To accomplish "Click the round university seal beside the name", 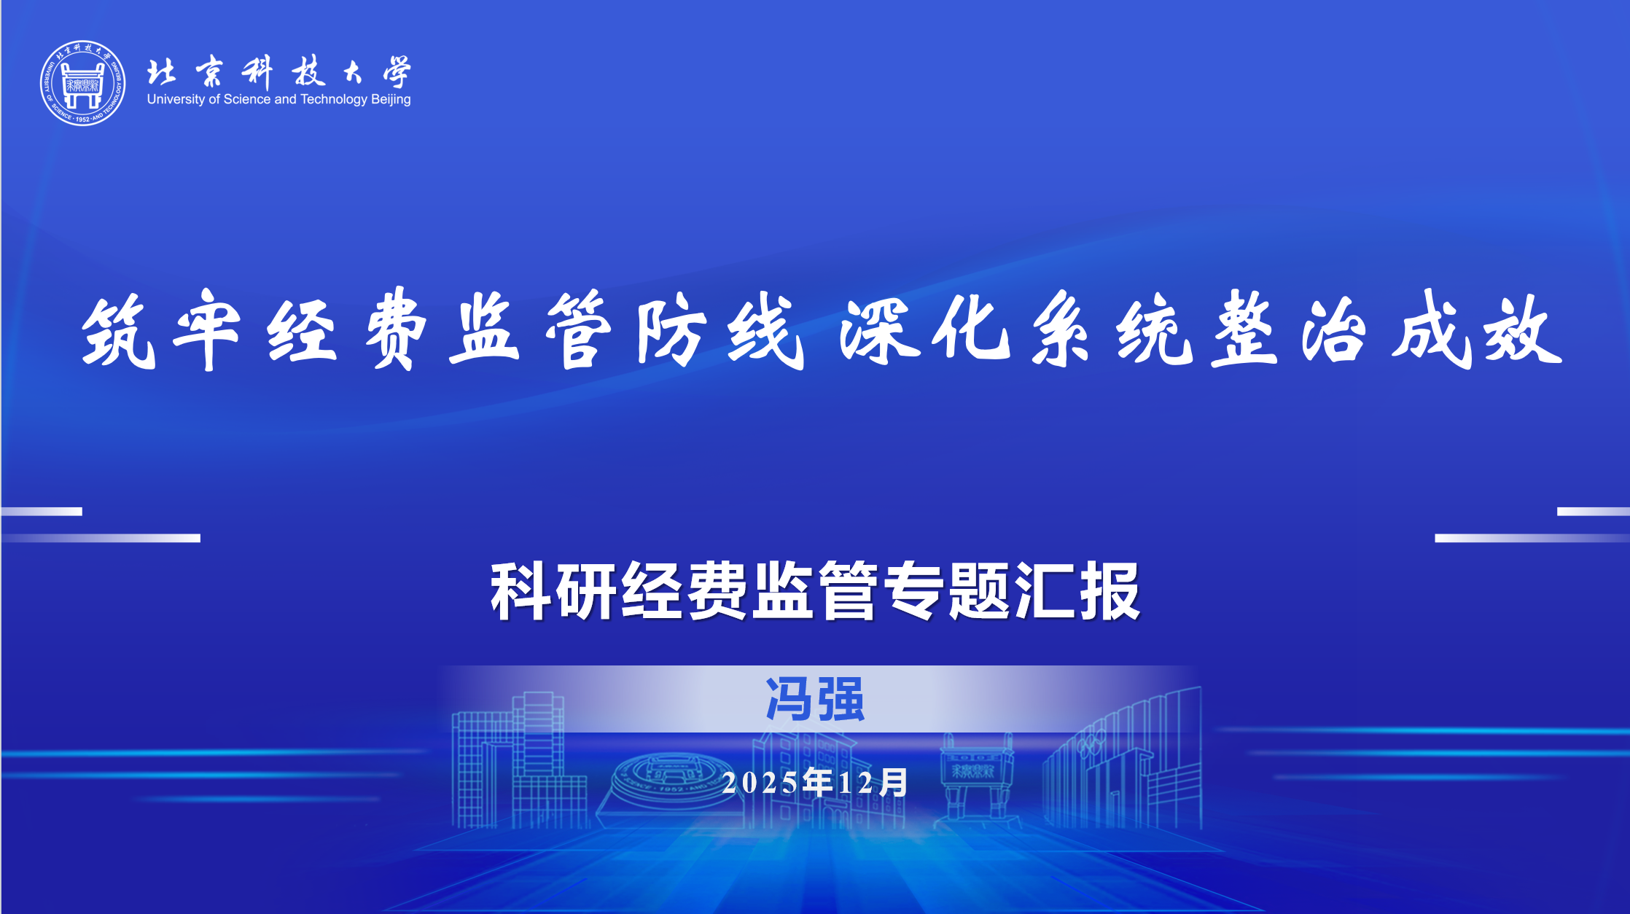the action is pyautogui.click(x=82, y=83).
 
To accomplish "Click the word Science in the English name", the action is pyautogui.click(x=247, y=99).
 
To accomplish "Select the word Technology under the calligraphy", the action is pyautogui.click(x=334, y=100).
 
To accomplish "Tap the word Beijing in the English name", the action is pyautogui.click(x=391, y=100).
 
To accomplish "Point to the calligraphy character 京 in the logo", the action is pyautogui.click(x=209, y=72).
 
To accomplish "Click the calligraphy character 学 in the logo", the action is pyautogui.click(x=397, y=72).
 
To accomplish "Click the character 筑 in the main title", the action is pyautogui.click(x=119, y=332).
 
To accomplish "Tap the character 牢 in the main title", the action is pyautogui.click(x=208, y=329).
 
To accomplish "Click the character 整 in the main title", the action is pyautogui.click(x=1245, y=329).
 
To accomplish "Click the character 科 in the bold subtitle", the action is pyautogui.click(x=522, y=591).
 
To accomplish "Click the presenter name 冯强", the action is pyautogui.click(x=815, y=700).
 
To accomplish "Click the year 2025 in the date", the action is pyautogui.click(x=760, y=784).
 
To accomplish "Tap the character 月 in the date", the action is pyautogui.click(x=893, y=783).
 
